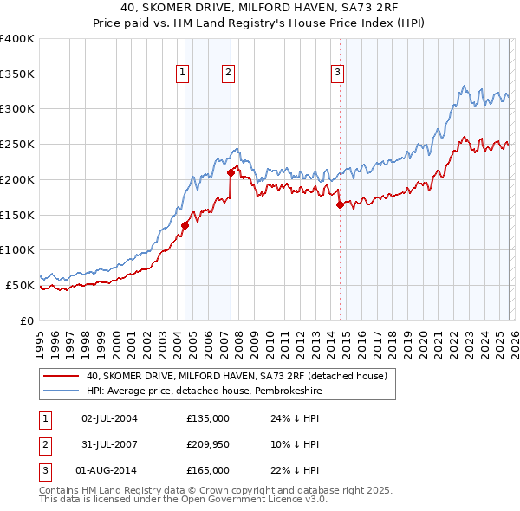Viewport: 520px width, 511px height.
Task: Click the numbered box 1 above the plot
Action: tap(184, 74)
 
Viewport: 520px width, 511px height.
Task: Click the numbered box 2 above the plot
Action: tap(227, 74)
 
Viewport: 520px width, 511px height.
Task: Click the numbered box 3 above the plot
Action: tap(336, 74)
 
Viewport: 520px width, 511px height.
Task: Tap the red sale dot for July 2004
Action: tap(185, 225)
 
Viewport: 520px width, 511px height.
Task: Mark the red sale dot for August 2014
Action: tap(340, 204)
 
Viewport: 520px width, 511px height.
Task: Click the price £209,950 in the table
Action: tap(208, 443)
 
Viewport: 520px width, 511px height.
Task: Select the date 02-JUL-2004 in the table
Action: tap(109, 417)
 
